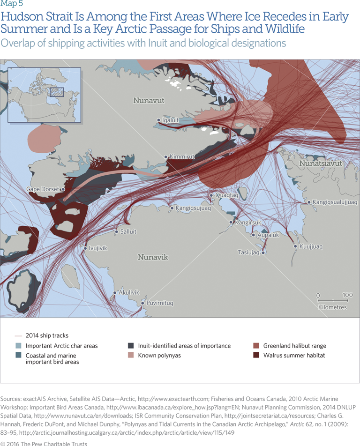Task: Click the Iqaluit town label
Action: coord(171,120)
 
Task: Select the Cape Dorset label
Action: coord(43,189)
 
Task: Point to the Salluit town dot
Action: coord(117,231)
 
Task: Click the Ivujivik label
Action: coord(98,248)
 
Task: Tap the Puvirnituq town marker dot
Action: coord(142,303)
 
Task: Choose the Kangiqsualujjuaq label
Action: coord(335,202)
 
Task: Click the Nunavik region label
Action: coord(152,257)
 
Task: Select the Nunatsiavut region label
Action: coord(321,164)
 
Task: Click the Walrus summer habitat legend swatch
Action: coord(256,356)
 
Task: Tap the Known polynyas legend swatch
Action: coord(131,356)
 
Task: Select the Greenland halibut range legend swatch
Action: coord(256,346)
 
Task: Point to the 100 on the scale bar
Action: coord(347,295)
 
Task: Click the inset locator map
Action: coord(45,95)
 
